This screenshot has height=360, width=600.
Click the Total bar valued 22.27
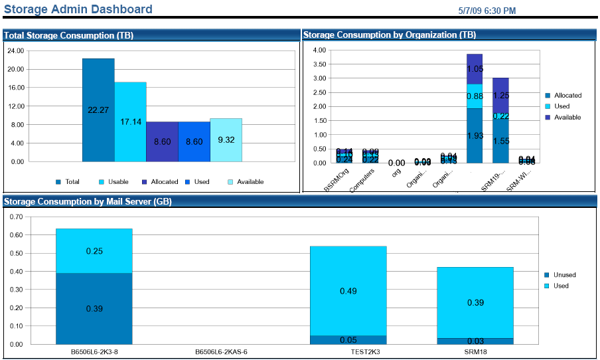click(x=98, y=110)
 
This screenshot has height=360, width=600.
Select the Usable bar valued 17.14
click(x=130, y=122)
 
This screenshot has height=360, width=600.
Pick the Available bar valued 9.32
click(x=226, y=139)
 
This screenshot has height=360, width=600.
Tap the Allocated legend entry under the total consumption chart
click(x=160, y=181)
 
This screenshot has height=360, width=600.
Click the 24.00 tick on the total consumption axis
click(x=15, y=50)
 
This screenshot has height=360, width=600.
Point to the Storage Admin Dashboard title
click(x=78, y=9)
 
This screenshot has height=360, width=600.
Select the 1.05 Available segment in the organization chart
click(x=474, y=68)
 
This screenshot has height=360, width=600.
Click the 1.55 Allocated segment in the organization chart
click(x=500, y=141)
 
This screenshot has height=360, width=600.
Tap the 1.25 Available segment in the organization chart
click(x=500, y=95)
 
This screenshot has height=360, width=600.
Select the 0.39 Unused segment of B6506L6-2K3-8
click(x=94, y=308)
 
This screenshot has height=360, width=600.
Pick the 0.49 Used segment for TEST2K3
click(x=348, y=291)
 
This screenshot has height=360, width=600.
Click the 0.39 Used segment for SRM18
click(x=475, y=302)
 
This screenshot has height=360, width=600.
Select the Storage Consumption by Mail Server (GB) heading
click(x=88, y=201)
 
